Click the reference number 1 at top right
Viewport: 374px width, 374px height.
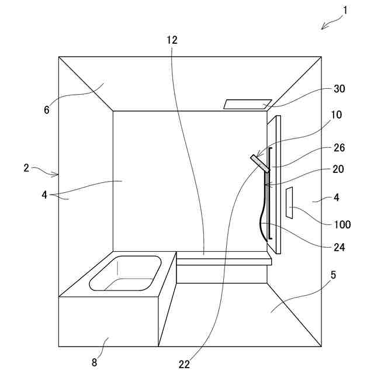pos(345,9)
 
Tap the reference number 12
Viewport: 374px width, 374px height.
pos(171,40)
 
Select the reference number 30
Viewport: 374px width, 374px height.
pos(340,89)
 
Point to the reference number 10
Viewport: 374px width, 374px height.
pos(336,115)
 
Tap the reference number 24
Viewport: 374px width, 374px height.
pos(340,247)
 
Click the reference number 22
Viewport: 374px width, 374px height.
pos(185,364)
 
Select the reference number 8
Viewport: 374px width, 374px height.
pos(95,362)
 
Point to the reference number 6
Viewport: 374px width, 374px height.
pos(47,109)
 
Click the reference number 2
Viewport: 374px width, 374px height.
pos(26,168)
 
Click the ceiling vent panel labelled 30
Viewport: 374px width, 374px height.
pos(247,104)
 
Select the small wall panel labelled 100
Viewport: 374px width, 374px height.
pos(289,203)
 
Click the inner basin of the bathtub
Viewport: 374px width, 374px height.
pos(125,273)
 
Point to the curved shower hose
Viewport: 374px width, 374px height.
pos(261,210)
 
